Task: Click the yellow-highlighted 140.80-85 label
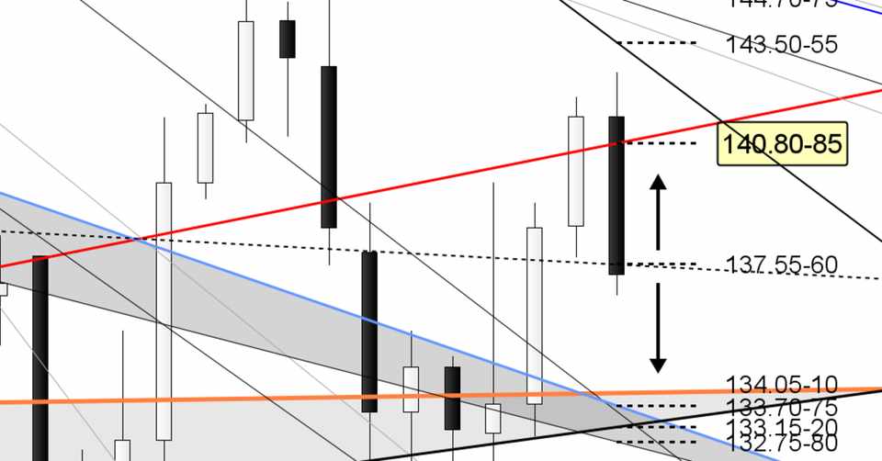click(x=781, y=145)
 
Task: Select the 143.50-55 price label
click(x=781, y=44)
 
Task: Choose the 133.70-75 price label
click(x=781, y=407)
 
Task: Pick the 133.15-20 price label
click(x=781, y=426)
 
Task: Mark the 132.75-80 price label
click(x=781, y=444)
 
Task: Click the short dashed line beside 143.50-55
click(x=657, y=43)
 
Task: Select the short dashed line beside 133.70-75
click(x=657, y=406)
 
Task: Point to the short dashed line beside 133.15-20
click(x=657, y=425)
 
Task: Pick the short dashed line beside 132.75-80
click(x=657, y=443)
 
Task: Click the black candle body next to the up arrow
click(x=616, y=195)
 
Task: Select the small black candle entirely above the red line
click(x=288, y=39)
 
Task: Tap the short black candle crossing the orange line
click(x=452, y=398)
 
